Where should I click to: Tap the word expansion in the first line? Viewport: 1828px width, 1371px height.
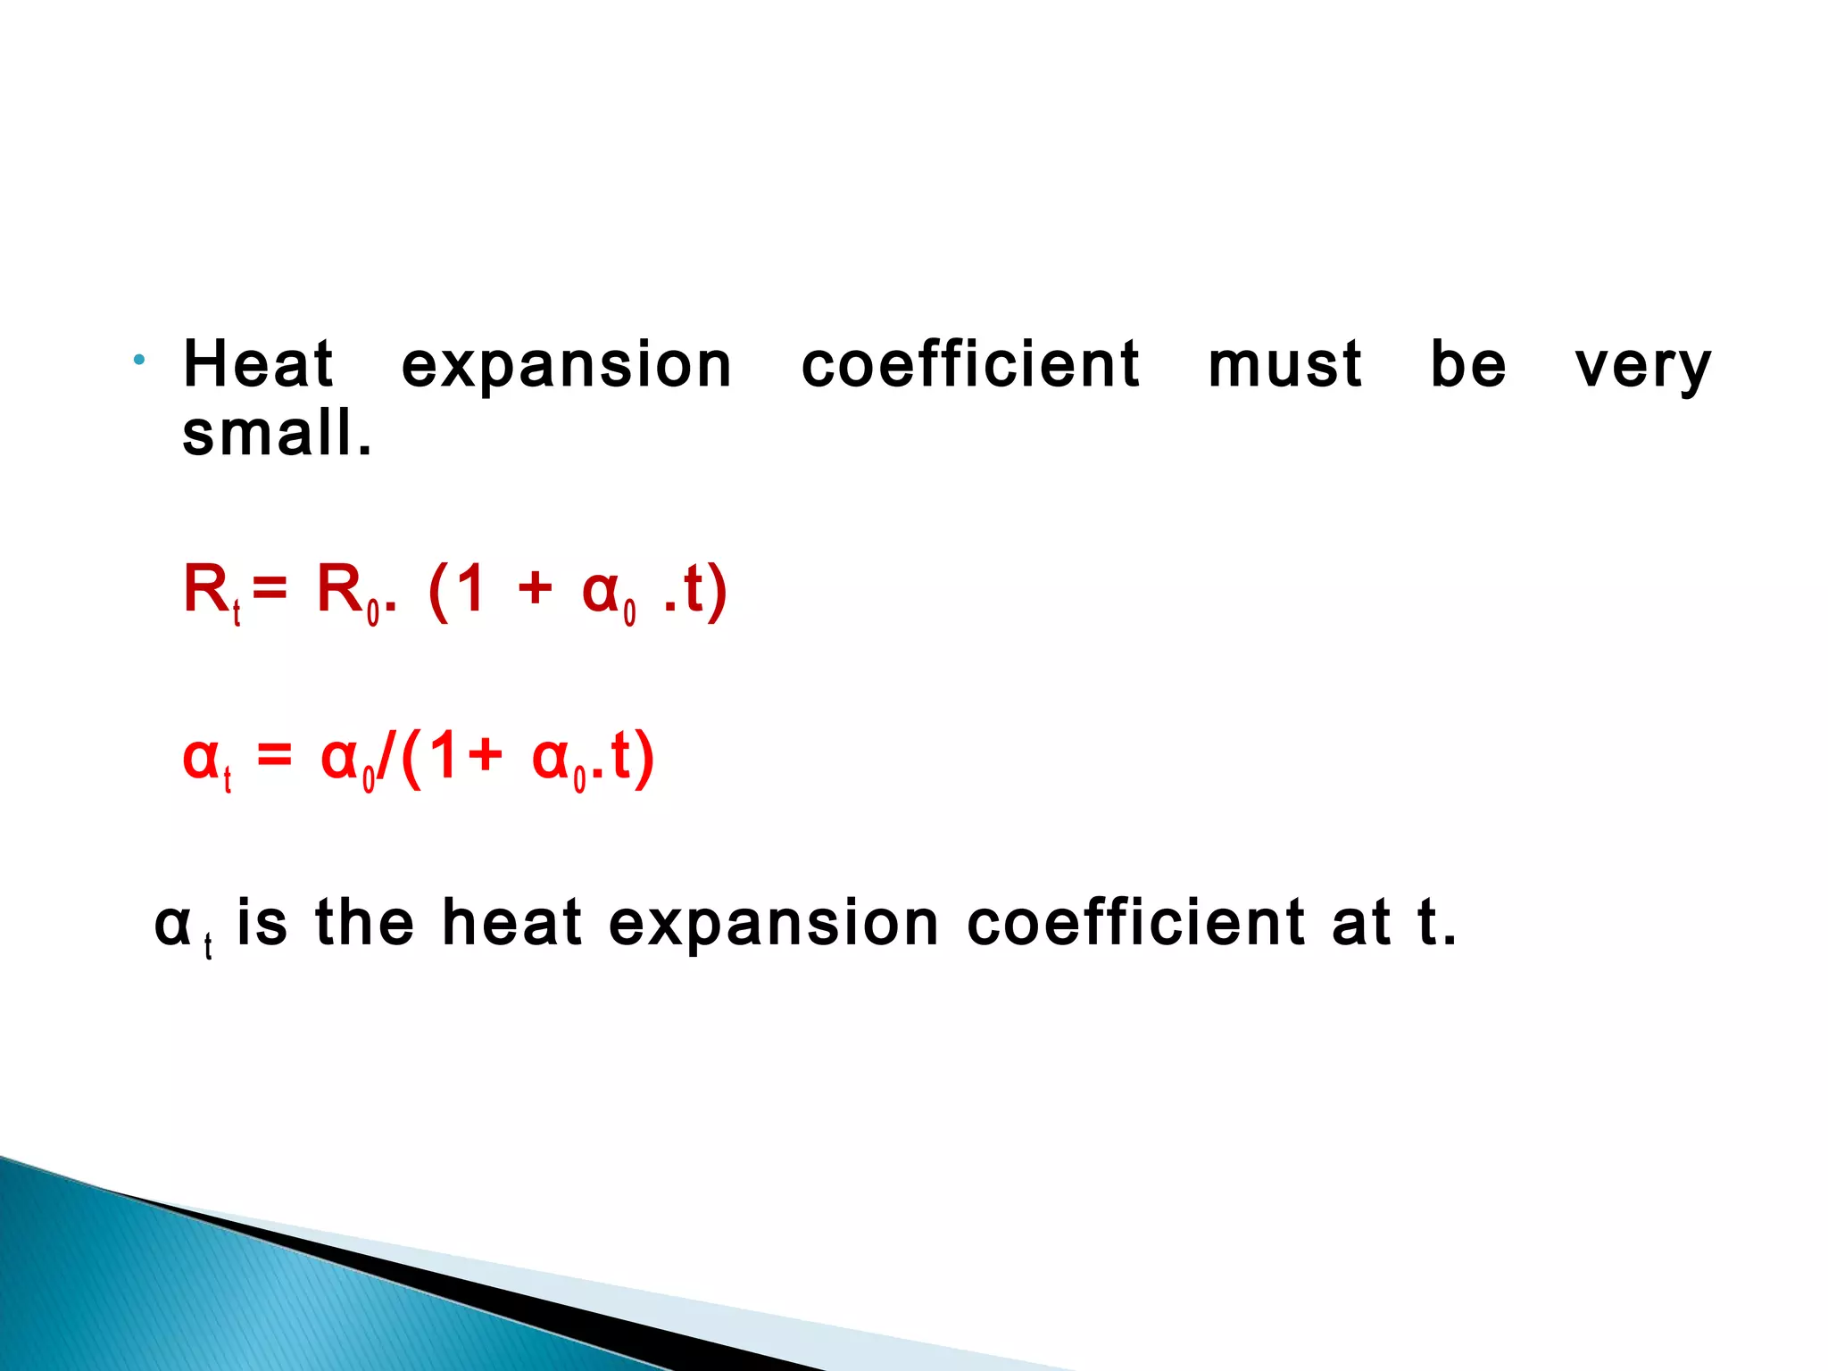(x=567, y=366)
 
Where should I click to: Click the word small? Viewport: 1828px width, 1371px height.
(x=277, y=434)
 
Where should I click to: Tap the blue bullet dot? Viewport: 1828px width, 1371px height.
(x=139, y=361)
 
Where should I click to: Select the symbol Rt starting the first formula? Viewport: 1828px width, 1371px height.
(x=212, y=593)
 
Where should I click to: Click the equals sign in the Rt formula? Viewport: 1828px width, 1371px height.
(x=270, y=590)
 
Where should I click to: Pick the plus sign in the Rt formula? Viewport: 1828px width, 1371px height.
(x=535, y=589)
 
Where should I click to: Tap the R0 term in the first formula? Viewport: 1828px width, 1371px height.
(x=348, y=593)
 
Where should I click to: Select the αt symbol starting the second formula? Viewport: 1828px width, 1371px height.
(x=206, y=760)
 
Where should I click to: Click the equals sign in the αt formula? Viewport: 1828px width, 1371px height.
(x=274, y=757)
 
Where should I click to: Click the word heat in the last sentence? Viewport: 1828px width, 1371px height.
(x=511, y=923)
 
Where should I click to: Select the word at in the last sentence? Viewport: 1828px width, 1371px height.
(x=1361, y=923)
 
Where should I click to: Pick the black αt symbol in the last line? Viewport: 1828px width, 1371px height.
(x=181, y=928)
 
